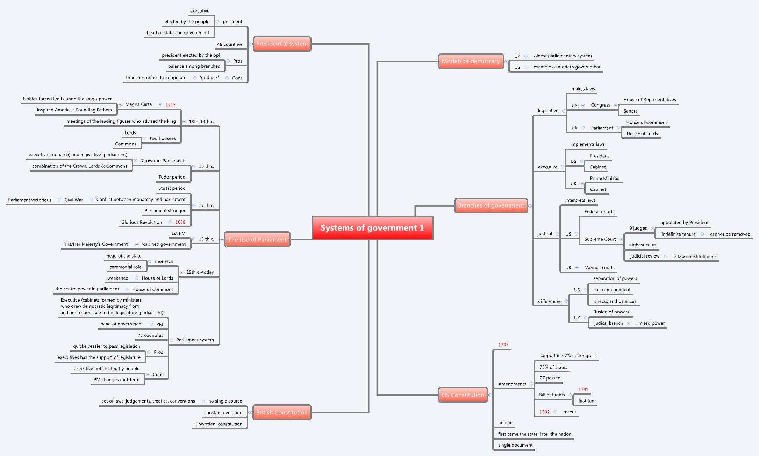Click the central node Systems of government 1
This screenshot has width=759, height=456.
[372, 228]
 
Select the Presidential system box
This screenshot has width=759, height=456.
[282, 44]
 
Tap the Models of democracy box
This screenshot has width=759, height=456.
[471, 61]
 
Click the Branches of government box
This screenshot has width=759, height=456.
[491, 205]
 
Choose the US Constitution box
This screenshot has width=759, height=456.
[463, 395]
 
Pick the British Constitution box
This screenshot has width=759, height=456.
[282, 412]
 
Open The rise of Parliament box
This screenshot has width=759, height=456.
[257, 239]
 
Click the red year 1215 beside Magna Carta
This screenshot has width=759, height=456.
[170, 105]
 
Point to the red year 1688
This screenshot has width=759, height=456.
[180, 222]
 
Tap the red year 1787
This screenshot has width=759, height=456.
[503, 345]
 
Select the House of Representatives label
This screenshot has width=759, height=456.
[650, 100]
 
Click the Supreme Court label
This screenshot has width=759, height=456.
[600, 239]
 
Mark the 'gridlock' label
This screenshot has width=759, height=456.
[209, 78]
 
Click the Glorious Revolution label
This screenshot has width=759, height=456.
[142, 222]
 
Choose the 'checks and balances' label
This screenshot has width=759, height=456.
[615, 301]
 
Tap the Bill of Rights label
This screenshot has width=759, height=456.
[552, 395]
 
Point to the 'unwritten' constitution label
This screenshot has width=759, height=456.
[219, 424]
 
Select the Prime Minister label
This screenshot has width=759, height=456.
[605, 178]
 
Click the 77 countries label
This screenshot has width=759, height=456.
[150, 335]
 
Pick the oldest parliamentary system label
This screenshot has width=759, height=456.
[563, 56]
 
